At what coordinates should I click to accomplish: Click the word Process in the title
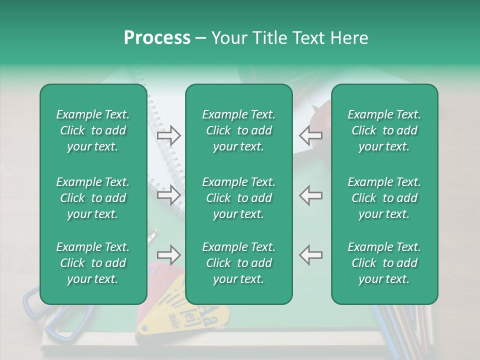pyautogui.click(x=157, y=38)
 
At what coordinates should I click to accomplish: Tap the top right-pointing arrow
pyautogui.click(x=169, y=135)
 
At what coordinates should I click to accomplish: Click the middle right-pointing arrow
pyautogui.click(x=169, y=195)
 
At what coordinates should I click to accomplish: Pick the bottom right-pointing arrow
pyautogui.click(x=169, y=255)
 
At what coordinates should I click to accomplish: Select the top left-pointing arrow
pyautogui.click(x=310, y=135)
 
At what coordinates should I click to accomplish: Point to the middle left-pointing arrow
pyautogui.click(x=310, y=195)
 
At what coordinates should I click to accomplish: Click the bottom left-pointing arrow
pyautogui.click(x=310, y=255)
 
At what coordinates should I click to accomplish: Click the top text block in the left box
pyautogui.click(x=93, y=130)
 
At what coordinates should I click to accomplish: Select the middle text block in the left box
pyautogui.click(x=93, y=198)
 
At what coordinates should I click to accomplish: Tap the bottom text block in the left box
pyautogui.click(x=93, y=263)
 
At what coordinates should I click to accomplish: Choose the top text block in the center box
pyautogui.click(x=238, y=130)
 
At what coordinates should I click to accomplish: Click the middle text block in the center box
pyautogui.click(x=238, y=198)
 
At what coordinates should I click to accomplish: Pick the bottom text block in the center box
pyautogui.click(x=238, y=263)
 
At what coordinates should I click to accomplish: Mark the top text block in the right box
pyautogui.click(x=384, y=130)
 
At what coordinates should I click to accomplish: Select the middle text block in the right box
pyautogui.click(x=384, y=198)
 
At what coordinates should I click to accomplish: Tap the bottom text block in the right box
pyautogui.click(x=384, y=263)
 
